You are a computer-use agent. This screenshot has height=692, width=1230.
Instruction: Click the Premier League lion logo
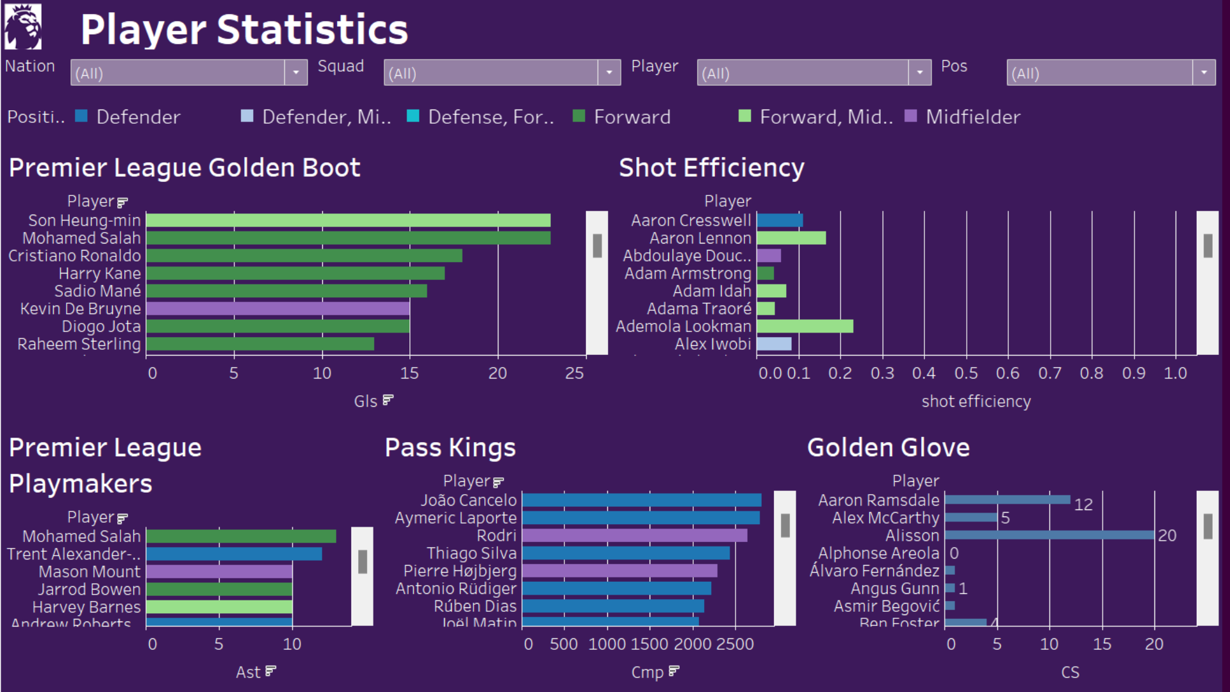[23, 27]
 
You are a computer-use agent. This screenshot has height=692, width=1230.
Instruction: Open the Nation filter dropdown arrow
[295, 73]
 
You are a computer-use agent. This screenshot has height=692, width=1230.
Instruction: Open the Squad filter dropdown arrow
[609, 73]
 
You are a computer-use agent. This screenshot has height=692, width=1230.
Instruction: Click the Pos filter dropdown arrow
[1204, 73]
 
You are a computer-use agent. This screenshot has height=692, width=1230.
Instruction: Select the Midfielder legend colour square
[910, 116]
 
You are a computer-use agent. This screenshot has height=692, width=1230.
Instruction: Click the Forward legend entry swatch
[578, 116]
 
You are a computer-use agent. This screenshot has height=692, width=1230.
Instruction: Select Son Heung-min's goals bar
[348, 220]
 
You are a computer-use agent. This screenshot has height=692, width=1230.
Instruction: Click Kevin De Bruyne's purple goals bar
[277, 309]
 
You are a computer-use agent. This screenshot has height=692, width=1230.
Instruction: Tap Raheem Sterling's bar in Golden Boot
[259, 344]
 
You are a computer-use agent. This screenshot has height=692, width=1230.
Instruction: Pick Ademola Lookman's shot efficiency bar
[805, 326]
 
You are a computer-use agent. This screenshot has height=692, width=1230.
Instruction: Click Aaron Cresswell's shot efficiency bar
[780, 220]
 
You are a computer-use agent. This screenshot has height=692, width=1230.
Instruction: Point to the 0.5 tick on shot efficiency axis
[966, 374]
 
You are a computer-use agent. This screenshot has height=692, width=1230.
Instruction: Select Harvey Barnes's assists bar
[219, 607]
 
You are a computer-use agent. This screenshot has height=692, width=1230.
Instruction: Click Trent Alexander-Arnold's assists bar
[234, 554]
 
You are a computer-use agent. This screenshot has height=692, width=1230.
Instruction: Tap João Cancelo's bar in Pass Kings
[641, 500]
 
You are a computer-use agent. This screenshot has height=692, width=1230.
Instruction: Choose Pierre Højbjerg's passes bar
[619, 571]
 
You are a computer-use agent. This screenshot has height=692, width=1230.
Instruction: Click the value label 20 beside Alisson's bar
[1167, 536]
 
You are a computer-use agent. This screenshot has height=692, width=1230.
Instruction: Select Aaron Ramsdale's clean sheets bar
[1007, 500]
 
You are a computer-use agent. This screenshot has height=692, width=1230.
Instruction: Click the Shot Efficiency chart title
[711, 168]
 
